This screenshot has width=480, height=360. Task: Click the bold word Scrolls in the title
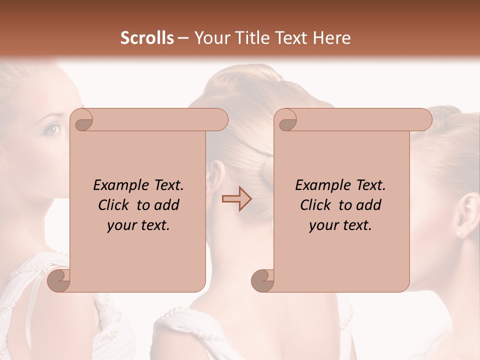147,38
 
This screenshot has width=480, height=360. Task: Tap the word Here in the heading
332,38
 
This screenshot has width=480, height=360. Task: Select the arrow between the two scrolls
236,199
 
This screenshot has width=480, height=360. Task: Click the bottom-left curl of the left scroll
59,280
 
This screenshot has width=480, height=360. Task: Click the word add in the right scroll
369,205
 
